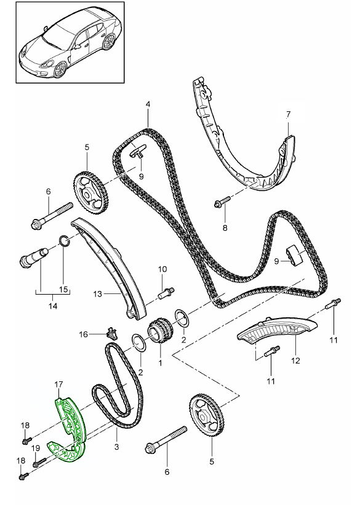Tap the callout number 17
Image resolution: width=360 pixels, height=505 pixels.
coord(58,384)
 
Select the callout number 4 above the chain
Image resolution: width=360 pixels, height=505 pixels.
coord(148,104)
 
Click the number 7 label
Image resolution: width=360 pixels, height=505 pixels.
coord(288,114)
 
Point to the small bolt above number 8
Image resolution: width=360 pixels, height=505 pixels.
coord(222,201)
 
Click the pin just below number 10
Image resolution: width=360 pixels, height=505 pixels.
coord(166,292)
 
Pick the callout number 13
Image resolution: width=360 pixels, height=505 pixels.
coord(98,294)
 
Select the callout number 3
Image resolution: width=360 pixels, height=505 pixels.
coord(117,447)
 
